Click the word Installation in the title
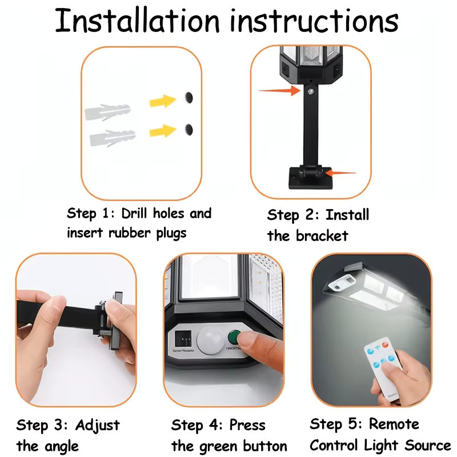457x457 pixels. pyautogui.click(x=137, y=21)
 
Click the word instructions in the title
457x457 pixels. pyautogui.click(x=314, y=21)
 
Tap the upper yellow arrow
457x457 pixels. pyautogui.click(x=163, y=101)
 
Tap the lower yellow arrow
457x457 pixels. pyautogui.click(x=163, y=131)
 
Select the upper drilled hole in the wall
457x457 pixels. pyautogui.click(x=189, y=97)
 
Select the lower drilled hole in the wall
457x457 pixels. pyautogui.click(x=189, y=129)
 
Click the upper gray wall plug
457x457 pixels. pyautogui.click(x=107, y=112)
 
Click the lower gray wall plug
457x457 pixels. pyautogui.click(x=112, y=138)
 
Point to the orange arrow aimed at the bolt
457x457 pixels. pyautogui.click(x=279, y=91)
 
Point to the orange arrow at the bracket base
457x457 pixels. pyautogui.click(x=340, y=173)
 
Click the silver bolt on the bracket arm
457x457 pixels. pyautogui.click(x=311, y=91)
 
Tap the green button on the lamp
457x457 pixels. pyautogui.click(x=234, y=338)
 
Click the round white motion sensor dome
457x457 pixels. pyautogui.click(x=210, y=340)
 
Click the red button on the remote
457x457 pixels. pyautogui.click(x=385, y=345)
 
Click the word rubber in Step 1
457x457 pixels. pyautogui.click(x=130, y=233)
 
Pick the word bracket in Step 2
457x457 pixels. pyautogui.click(x=322, y=236)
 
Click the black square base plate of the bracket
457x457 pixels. pyautogui.click(x=310, y=178)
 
